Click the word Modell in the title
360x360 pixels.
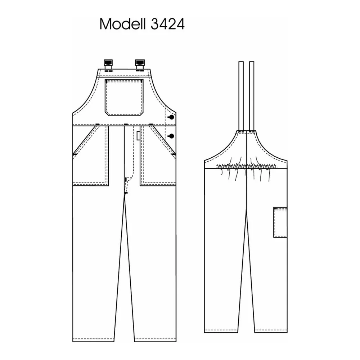click(123, 24)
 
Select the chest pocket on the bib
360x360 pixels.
click(124, 97)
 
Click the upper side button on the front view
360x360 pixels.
click(171, 117)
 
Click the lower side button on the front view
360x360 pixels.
click(171, 136)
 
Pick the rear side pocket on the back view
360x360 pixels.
click(280, 222)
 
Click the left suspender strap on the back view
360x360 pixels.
click(241, 96)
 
